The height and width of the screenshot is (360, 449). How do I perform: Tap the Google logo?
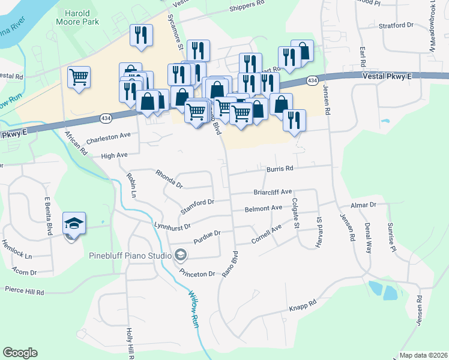point(20,353)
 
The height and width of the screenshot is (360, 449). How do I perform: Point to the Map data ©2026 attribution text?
point(423,355)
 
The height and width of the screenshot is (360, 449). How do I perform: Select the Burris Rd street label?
point(280,169)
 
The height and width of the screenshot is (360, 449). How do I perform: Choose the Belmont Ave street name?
point(263,208)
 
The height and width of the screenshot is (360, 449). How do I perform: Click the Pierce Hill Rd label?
point(24,293)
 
